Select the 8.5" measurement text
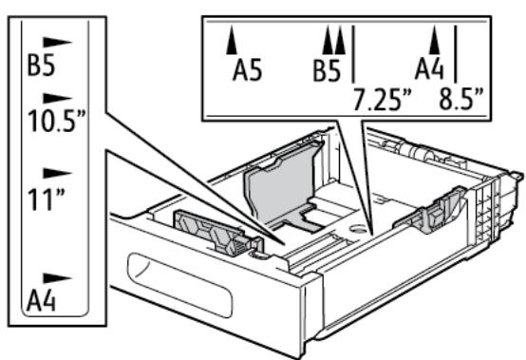coord(459,98)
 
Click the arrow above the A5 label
coord(231,42)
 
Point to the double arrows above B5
coord(334,41)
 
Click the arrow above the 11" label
coord(59,174)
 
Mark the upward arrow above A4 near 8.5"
coord(435,40)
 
